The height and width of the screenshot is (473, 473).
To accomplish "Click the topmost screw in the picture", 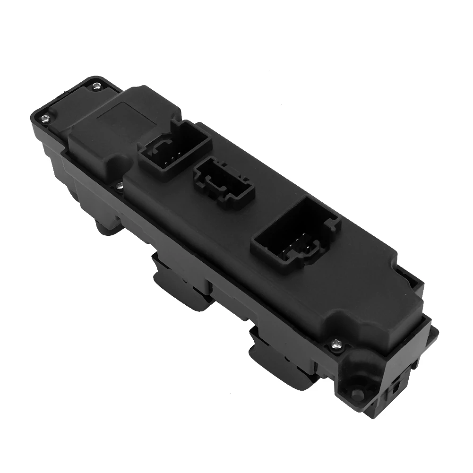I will pos(96,86).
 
